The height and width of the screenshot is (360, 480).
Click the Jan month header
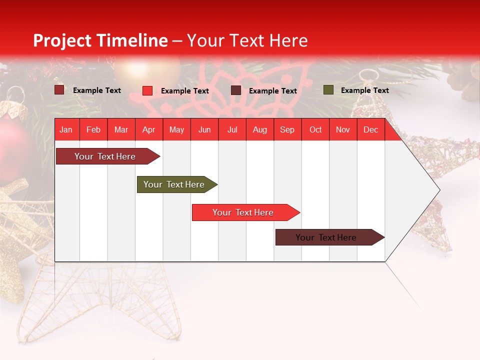tap(66, 130)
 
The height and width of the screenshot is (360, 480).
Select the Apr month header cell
tap(149, 130)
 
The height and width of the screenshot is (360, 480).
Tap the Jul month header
tap(232, 130)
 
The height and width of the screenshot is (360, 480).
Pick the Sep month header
tap(287, 130)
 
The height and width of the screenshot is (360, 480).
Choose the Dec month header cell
tap(370, 130)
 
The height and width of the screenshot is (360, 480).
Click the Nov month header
tap(342, 130)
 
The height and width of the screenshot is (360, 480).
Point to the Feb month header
tap(93, 130)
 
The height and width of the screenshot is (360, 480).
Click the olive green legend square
tap(328, 90)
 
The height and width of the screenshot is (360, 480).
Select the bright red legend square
tap(147, 90)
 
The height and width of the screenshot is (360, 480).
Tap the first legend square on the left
tap(59, 90)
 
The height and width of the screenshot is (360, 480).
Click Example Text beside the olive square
tap(364, 90)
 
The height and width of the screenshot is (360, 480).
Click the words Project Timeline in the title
tap(100, 40)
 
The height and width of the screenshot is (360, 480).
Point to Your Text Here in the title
tap(247, 40)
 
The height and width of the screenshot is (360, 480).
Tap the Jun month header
tap(204, 130)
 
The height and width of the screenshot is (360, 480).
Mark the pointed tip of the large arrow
tap(439, 190)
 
